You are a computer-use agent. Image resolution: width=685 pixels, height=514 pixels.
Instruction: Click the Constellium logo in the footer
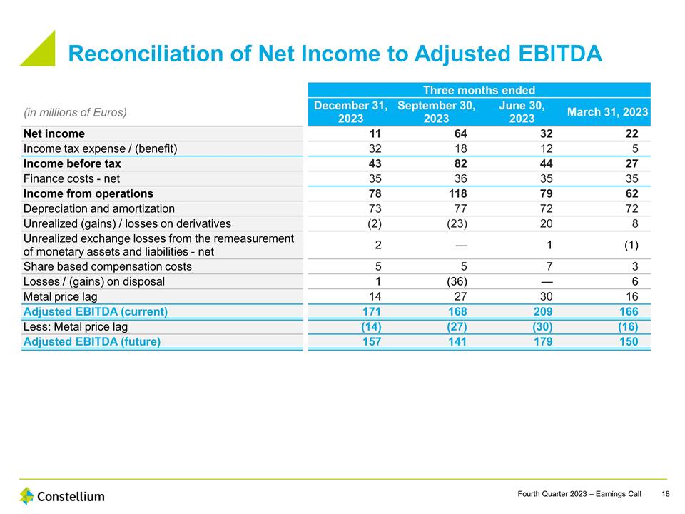(x=61, y=496)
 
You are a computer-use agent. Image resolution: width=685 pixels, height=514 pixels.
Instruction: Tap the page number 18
(x=666, y=494)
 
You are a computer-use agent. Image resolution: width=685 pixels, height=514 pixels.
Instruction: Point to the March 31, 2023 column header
(x=607, y=112)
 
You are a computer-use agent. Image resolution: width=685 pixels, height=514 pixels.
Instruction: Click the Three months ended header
(x=479, y=90)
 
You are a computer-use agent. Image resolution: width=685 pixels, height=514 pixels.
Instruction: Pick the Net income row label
(x=54, y=133)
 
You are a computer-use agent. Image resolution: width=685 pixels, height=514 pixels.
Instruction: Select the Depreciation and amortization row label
(x=99, y=208)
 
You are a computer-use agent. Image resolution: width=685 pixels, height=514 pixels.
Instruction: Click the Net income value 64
(x=460, y=133)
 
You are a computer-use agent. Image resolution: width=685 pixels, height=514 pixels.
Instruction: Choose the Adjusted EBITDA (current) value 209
(x=542, y=311)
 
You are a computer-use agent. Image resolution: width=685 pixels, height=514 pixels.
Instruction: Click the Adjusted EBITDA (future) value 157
(x=371, y=341)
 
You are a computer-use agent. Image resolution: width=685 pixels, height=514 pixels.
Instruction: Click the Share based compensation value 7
(x=548, y=266)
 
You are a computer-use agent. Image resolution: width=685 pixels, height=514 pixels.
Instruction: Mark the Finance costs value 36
(x=460, y=178)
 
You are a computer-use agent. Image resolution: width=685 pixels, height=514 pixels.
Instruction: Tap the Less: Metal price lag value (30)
(x=538, y=326)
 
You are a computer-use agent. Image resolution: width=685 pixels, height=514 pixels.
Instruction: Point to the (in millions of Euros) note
(x=76, y=112)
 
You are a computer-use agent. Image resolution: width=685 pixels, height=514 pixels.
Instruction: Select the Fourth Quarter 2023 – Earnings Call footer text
(x=579, y=494)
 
